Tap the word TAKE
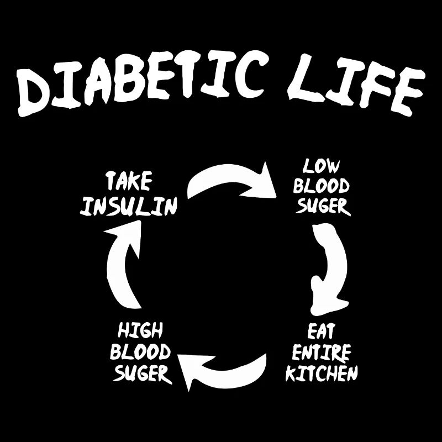coord(129,182)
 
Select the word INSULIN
coord(128,206)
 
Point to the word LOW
coord(321,166)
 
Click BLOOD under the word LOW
coord(322,186)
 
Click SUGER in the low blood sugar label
coord(323,206)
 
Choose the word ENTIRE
coord(322,352)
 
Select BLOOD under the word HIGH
coord(140,352)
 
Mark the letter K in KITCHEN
coord(292,374)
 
